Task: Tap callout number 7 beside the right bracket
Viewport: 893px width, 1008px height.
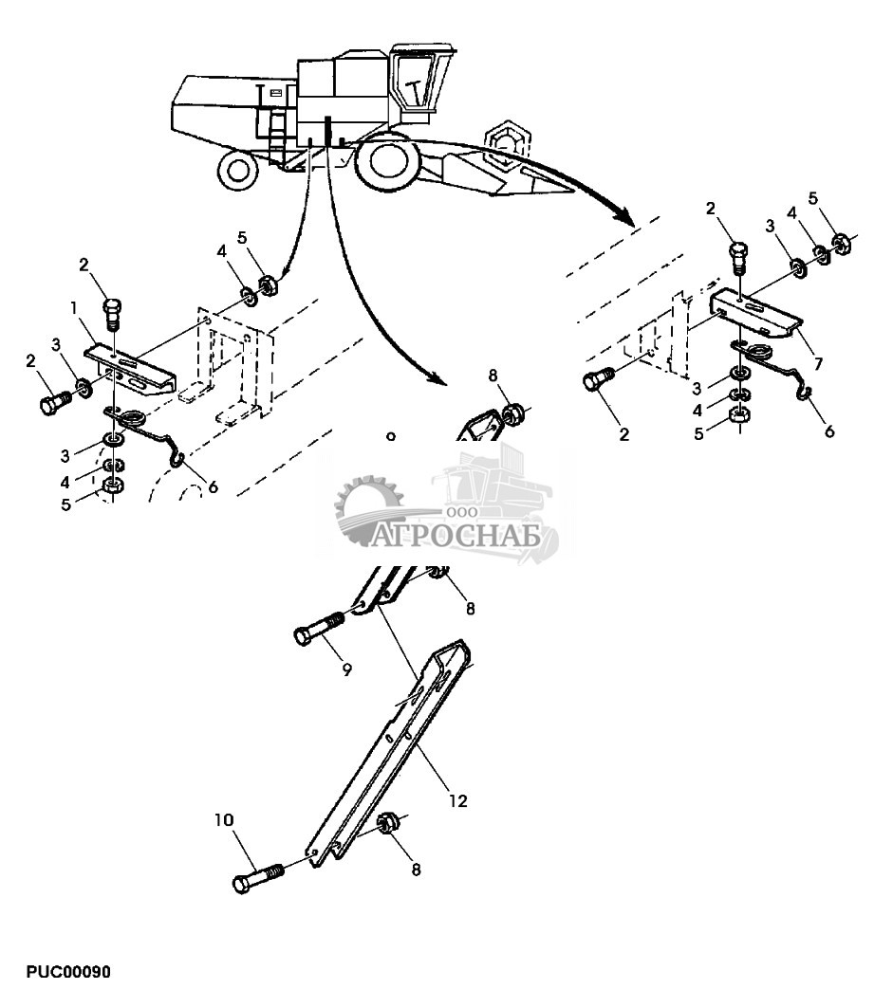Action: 817,363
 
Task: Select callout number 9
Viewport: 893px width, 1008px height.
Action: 346,669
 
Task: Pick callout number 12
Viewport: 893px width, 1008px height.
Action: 457,801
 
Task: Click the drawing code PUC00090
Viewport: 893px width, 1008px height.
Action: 68,973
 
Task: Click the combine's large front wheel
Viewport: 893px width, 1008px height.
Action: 389,160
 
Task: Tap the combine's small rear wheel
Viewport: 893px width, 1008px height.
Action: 238,169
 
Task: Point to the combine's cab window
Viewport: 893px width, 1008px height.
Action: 417,85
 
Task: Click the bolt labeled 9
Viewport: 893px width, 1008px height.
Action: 319,632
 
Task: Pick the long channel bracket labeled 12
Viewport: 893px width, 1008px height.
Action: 389,749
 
